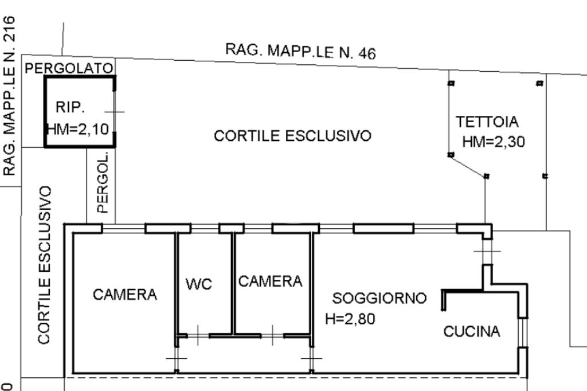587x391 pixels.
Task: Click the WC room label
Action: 199,284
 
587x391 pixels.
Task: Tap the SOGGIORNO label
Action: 379,298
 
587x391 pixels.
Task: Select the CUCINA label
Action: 472,331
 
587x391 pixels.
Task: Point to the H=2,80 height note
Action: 350,319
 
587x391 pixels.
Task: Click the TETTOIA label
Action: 487,122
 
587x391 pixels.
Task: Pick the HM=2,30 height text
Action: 494,142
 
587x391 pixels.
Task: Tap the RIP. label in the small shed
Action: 71,107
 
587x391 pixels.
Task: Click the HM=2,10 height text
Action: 77,129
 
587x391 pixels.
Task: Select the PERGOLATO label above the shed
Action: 69,68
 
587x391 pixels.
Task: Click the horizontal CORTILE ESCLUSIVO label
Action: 292,136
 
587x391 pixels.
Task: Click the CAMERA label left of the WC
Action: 125,295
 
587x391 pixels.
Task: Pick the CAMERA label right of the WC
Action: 270,281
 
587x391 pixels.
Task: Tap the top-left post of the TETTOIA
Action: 451,83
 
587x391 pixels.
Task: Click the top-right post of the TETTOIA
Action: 539,83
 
